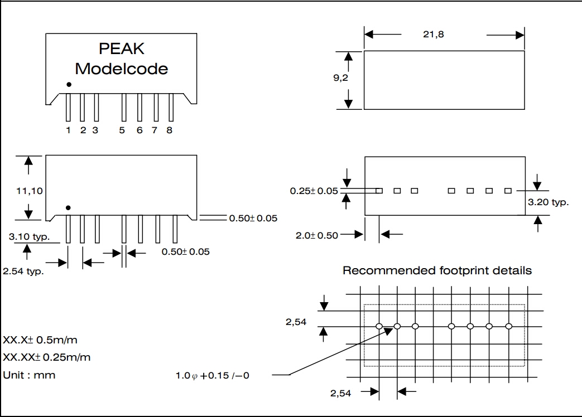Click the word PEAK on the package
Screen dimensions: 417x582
point(122,49)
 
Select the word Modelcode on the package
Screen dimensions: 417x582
point(122,69)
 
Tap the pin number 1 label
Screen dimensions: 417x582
point(68,130)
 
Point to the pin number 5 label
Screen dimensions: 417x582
point(122,130)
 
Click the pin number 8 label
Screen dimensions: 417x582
point(170,130)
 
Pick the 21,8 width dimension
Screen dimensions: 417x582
point(434,35)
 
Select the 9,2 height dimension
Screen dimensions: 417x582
point(341,78)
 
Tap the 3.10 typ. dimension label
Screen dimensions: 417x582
point(29,237)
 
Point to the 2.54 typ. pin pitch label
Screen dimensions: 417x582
point(23,272)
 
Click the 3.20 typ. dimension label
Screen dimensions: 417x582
point(548,202)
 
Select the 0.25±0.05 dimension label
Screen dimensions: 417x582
point(314,191)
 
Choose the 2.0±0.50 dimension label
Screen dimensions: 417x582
point(317,235)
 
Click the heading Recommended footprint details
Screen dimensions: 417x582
point(437,271)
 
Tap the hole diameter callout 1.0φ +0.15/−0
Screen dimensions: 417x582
point(213,375)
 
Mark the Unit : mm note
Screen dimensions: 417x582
point(30,375)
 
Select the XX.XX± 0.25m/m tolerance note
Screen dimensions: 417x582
point(47,357)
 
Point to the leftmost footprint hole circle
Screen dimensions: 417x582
point(379,326)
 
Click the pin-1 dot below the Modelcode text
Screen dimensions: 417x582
point(69,85)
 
